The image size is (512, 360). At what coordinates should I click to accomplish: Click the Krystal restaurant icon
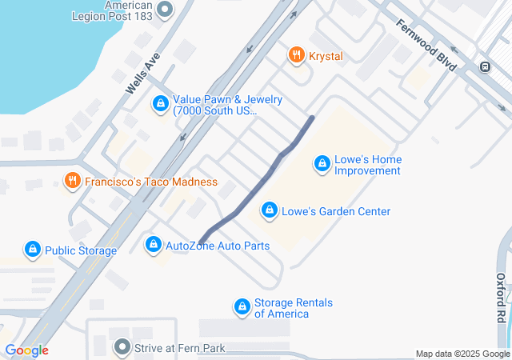click(296, 55)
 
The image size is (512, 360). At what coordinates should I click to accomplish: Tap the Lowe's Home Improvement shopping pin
click(322, 164)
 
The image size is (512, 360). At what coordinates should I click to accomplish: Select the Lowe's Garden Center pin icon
click(269, 211)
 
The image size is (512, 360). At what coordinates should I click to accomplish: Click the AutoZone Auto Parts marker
click(153, 244)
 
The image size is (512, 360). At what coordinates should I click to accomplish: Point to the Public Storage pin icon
click(33, 250)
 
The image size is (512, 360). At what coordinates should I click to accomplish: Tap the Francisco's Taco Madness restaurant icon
click(72, 181)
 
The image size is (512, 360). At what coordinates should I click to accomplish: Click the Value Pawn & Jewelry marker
click(161, 104)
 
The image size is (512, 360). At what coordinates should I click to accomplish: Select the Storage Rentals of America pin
click(242, 306)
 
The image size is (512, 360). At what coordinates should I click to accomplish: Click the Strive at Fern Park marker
click(122, 347)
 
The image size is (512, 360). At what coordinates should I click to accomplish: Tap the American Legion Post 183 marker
click(165, 10)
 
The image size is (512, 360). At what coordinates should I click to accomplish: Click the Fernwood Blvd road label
click(425, 44)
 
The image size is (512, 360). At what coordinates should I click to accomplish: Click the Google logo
click(26, 350)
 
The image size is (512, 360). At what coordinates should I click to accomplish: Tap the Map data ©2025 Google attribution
click(462, 354)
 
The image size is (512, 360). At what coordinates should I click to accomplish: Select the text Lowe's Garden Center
click(335, 211)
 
